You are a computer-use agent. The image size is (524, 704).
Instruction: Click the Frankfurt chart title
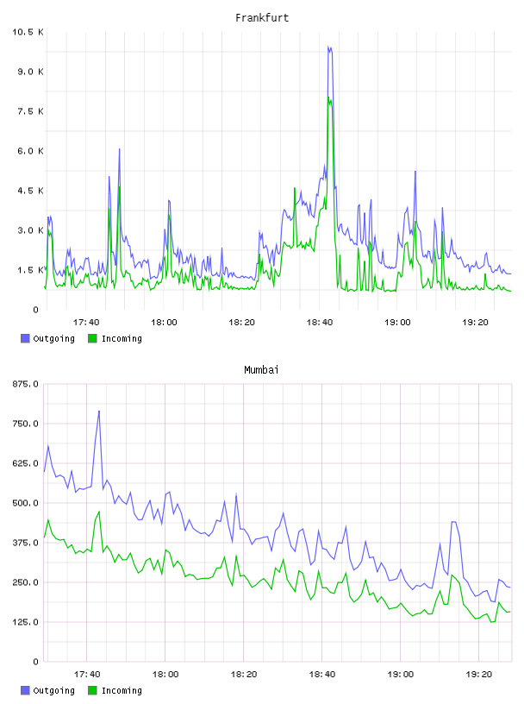262,18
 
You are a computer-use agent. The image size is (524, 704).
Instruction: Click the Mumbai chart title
261,370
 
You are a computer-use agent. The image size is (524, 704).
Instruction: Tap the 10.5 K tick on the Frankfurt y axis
28,32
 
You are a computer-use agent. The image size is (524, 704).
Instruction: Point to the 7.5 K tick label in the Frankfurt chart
30,111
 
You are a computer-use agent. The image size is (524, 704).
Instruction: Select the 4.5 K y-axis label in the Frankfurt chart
30,191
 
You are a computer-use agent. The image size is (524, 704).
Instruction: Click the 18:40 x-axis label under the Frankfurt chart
320,323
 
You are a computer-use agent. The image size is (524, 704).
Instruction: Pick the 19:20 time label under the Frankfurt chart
475,323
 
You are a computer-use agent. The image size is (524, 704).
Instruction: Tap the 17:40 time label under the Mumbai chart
86,675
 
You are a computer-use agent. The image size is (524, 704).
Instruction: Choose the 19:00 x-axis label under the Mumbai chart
400,675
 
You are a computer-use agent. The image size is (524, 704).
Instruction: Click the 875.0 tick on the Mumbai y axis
26,384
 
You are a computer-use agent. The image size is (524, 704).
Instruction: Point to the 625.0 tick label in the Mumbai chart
26,463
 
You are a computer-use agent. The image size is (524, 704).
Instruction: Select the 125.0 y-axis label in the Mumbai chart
26,622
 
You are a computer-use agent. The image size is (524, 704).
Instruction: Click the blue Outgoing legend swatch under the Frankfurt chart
25,338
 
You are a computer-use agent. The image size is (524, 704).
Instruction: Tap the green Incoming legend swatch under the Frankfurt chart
92,338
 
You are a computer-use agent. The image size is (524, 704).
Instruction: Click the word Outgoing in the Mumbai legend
53,690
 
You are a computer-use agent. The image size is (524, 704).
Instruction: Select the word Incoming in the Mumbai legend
122,690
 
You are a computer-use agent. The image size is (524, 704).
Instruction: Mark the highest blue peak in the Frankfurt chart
328,47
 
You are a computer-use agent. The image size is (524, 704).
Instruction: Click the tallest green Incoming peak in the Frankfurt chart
329,97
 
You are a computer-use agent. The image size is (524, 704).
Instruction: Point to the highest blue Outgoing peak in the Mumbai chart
99,411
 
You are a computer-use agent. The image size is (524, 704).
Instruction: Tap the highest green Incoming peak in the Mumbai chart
99,512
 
